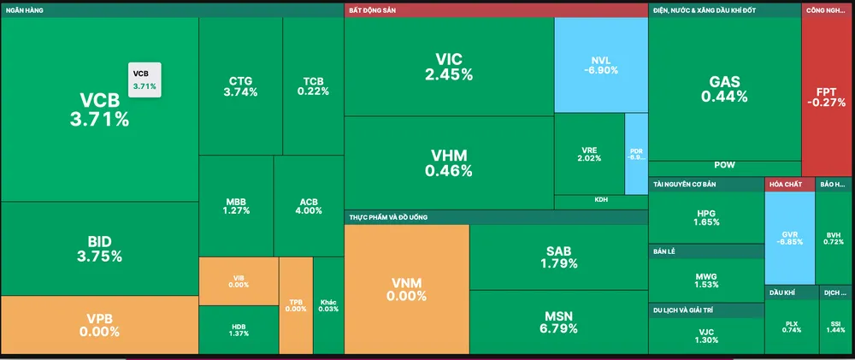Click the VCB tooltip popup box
click(144, 80)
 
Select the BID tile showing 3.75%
click(99, 248)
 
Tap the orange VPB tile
click(99, 324)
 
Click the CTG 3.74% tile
click(240, 86)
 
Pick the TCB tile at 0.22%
click(313, 86)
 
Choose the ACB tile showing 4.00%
click(308, 205)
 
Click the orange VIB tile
click(239, 280)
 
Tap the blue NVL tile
click(600, 65)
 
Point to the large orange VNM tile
click(407, 289)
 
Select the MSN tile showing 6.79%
click(558, 322)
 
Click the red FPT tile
click(827, 96)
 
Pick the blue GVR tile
click(789, 237)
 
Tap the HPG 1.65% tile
click(705, 217)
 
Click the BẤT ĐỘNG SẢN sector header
click(496, 10)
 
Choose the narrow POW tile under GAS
click(724, 167)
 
